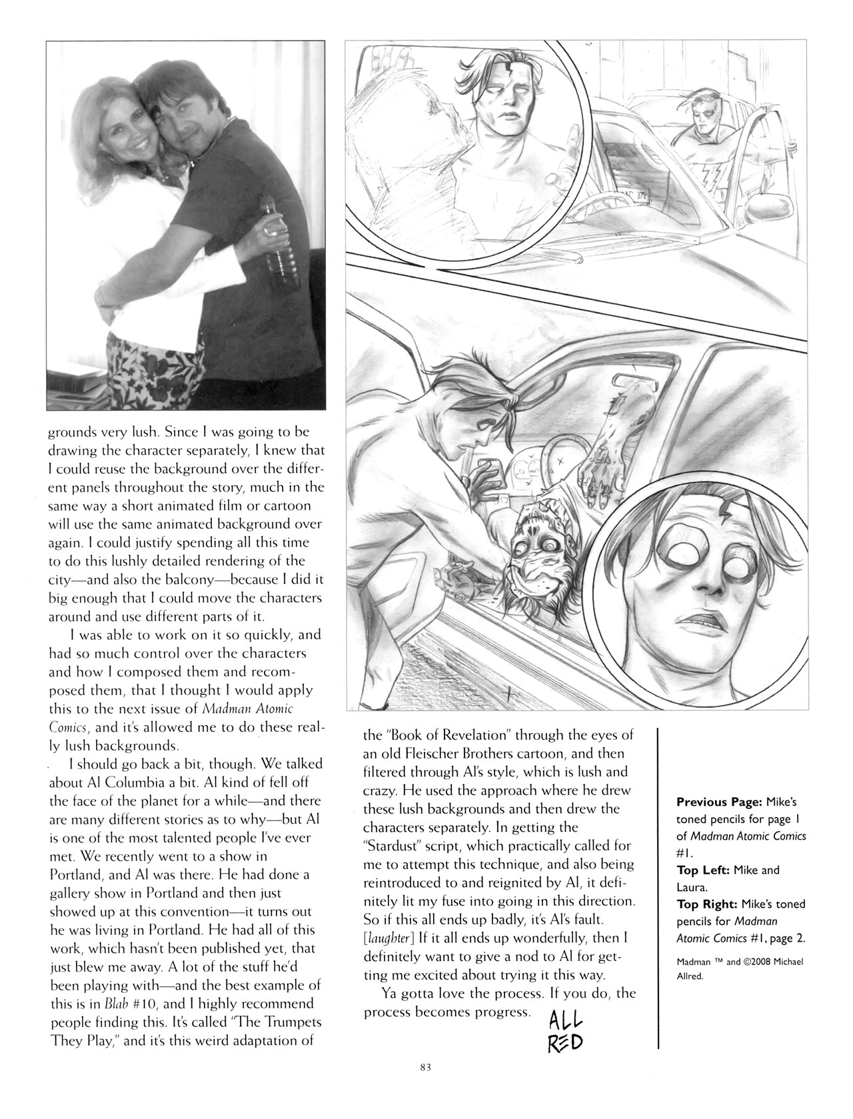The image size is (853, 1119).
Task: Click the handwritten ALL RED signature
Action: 565,1032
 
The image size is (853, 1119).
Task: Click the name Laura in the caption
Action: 690,887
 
